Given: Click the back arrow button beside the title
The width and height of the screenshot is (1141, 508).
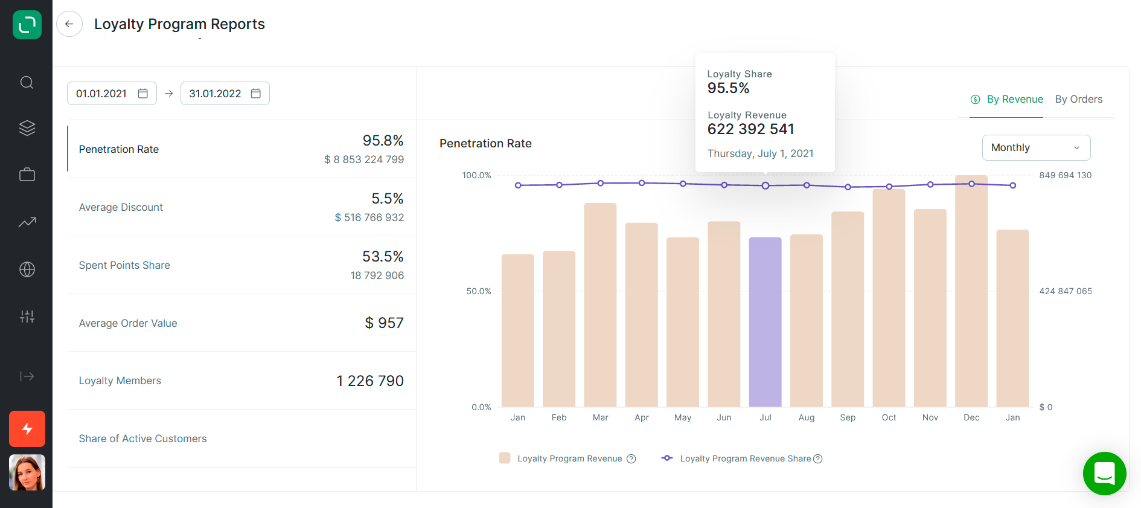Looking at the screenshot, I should click(x=69, y=24).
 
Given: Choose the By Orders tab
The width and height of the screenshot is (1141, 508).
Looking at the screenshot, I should click(x=1078, y=99).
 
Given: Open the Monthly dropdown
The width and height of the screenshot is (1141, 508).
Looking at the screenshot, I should click(x=1036, y=147).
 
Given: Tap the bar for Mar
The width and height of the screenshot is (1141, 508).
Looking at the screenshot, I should click(x=600, y=305).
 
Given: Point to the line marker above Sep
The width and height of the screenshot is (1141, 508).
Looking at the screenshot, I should click(x=848, y=187).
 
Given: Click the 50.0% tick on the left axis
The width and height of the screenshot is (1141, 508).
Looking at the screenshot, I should click(x=479, y=291).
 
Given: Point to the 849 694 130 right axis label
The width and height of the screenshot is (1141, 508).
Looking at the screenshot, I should click(x=1065, y=175).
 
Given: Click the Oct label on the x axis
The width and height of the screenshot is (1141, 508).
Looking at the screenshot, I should click(x=889, y=417).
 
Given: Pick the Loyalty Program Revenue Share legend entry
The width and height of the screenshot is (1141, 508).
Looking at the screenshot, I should click(x=745, y=458).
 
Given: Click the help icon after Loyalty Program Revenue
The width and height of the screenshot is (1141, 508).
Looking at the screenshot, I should click(x=631, y=458).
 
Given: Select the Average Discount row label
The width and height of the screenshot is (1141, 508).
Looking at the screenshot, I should click(x=121, y=207).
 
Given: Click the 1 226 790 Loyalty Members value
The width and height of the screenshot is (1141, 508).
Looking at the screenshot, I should click(x=370, y=381).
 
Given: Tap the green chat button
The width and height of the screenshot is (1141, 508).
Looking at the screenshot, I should click(x=1104, y=474).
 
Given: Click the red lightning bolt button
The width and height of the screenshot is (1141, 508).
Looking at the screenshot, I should click(x=27, y=429).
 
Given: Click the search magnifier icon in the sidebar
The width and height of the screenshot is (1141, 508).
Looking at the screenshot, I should click(x=27, y=82).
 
